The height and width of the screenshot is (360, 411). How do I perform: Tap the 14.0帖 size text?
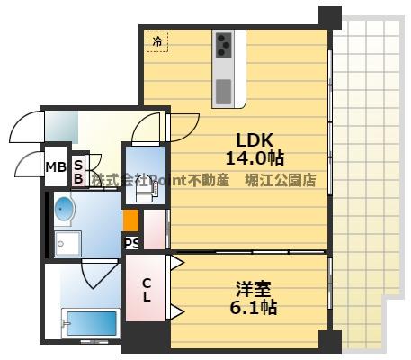pos(255,157)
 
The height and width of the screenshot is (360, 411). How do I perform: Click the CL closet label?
pos(146,289)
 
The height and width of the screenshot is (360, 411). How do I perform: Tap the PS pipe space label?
pos(131,242)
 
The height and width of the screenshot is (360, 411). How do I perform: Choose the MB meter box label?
pos(55,166)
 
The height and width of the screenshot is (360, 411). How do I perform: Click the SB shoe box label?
pos(79,171)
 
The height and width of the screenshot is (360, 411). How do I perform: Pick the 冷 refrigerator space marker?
pos(157,40)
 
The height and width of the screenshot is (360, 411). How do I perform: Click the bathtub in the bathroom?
pos(90,322)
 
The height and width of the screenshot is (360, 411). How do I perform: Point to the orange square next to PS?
pos(131,220)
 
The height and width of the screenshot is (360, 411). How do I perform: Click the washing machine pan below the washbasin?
pos(68,243)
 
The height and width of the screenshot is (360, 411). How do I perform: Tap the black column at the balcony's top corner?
pos(330,16)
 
